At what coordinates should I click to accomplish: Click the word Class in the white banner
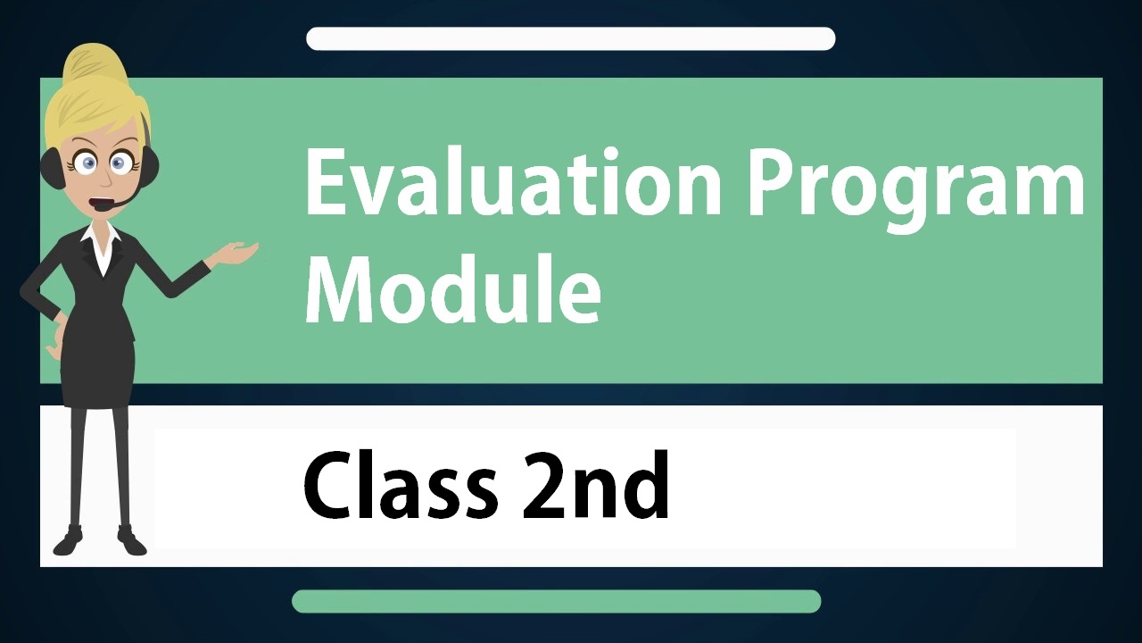click(x=400, y=484)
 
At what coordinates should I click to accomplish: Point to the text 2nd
click(x=595, y=484)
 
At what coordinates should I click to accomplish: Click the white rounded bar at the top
click(x=570, y=38)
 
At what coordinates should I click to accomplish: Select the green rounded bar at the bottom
click(x=556, y=601)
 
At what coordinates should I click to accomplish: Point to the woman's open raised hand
click(x=236, y=253)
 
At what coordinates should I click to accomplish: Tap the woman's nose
click(x=105, y=179)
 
